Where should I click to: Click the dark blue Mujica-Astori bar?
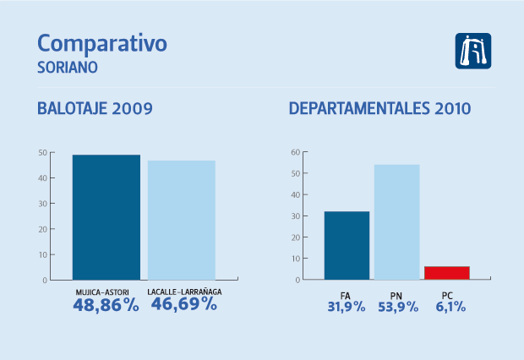click(x=106, y=217)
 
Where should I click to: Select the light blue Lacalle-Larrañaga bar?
click(x=181, y=220)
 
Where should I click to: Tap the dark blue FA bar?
click(x=347, y=245)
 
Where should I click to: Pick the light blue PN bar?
click(x=396, y=221)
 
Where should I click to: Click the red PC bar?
click(x=446, y=273)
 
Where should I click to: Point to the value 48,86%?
click(x=106, y=305)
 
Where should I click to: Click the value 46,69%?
click(x=183, y=305)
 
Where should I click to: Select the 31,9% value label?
click(x=346, y=307)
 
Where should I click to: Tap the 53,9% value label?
click(x=396, y=307)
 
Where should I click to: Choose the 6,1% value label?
click(x=446, y=307)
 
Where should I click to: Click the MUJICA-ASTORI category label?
click(x=106, y=292)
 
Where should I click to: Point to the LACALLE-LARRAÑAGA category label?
click(x=183, y=292)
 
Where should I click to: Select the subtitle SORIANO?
click(x=68, y=66)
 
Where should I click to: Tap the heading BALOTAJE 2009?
click(x=95, y=109)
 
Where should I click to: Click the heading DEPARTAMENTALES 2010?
click(x=379, y=109)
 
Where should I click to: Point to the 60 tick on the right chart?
click(x=296, y=152)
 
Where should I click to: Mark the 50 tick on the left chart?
click(x=42, y=152)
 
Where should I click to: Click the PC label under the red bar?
click(x=446, y=294)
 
